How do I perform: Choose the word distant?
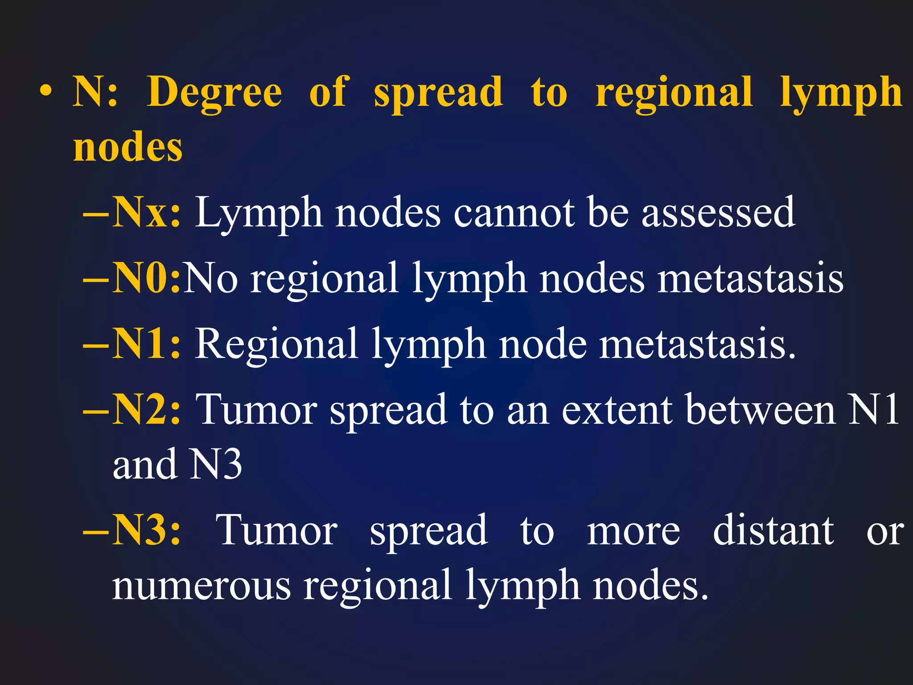click(773, 530)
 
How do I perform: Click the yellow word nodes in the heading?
click(128, 147)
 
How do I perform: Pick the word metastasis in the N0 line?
click(751, 278)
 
